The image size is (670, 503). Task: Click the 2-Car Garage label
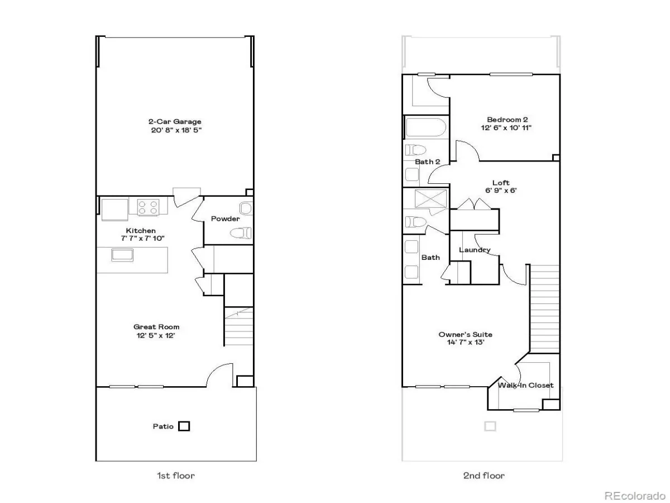[x=175, y=121]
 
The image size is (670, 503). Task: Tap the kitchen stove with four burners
[x=148, y=207]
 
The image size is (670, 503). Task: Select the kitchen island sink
[x=122, y=255]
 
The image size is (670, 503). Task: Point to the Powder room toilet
[x=241, y=234]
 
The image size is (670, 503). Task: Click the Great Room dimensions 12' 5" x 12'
[x=156, y=335]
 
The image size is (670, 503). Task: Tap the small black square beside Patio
[x=184, y=426]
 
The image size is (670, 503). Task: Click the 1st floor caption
[x=176, y=476]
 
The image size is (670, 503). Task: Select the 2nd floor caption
[x=484, y=476]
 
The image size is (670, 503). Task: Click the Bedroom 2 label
[x=508, y=120]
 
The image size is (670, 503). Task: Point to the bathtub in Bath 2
[x=426, y=127]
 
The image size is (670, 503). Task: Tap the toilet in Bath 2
[x=415, y=150]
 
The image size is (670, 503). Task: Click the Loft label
[x=501, y=183]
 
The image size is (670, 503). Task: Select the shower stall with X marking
[x=430, y=198]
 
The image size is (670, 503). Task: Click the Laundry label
[x=475, y=250]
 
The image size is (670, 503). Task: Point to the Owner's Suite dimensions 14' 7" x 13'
[x=466, y=343]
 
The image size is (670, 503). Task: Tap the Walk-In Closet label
[x=525, y=386]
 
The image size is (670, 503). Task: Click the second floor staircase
[x=544, y=309]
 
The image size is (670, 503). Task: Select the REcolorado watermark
[x=635, y=495]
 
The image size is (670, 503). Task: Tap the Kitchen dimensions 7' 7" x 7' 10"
[x=142, y=238]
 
